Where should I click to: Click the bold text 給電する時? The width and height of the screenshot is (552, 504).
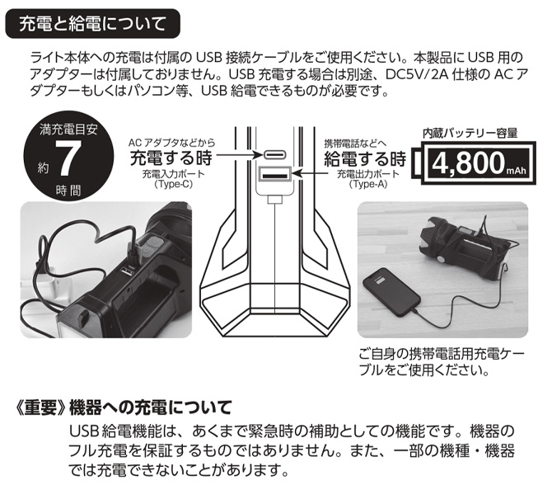click(363, 158)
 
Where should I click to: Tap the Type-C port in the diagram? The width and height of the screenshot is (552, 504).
click(275, 154)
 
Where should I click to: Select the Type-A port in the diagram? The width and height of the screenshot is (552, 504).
click(274, 176)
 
